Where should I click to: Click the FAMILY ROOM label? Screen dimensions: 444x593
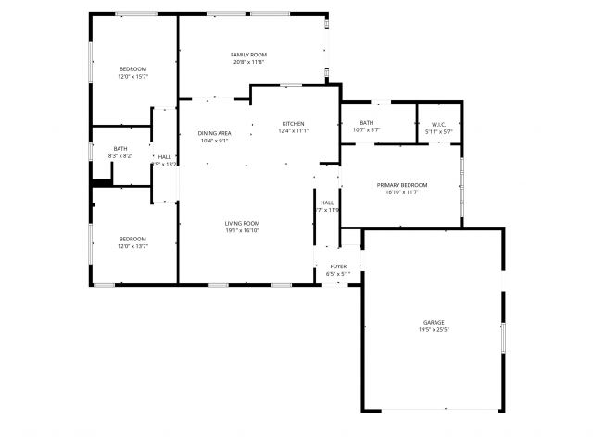coord(248,55)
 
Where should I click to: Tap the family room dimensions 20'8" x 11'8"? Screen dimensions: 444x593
coord(248,62)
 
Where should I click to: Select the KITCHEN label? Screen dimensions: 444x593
coord(293,124)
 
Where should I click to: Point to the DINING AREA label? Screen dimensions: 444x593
coord(214,133)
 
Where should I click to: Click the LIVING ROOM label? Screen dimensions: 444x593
coord(242,223)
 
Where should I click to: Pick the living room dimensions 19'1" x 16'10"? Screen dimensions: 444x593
coord(242,230)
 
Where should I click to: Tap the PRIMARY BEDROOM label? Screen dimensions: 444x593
coord(402,185)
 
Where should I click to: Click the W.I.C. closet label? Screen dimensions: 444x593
coord(438,124)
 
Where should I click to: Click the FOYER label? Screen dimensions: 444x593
coord(338,266)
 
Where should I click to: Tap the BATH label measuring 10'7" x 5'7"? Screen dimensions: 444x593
coord(367,123)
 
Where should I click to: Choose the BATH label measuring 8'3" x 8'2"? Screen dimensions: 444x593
coord(120,149)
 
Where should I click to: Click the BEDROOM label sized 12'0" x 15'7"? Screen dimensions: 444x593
coord(132,69)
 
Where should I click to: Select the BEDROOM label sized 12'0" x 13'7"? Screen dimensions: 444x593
coord(132,240)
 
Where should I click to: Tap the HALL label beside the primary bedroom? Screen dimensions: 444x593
coord(327,203)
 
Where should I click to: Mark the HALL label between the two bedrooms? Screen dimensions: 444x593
coord(164,157)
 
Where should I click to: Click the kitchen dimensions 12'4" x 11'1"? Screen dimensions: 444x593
coord(293,131)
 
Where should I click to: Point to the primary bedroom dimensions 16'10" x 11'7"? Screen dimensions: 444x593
coord(402,192)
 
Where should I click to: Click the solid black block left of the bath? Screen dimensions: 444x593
coord(100,182)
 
